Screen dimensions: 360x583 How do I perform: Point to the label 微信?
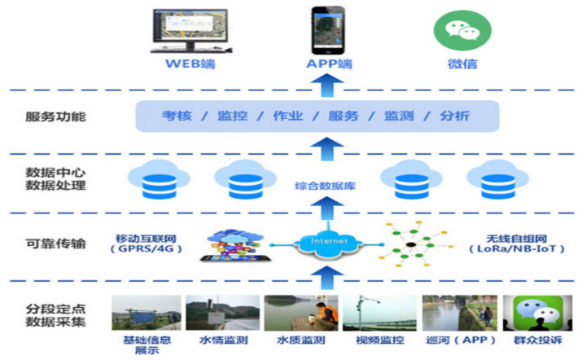click(462, 64)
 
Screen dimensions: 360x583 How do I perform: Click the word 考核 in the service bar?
click(177, 116)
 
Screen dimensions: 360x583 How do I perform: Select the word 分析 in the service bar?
click(455, 116)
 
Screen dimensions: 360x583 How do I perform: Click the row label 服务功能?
click(55, 116)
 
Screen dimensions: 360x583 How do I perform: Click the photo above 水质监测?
click(290, 313)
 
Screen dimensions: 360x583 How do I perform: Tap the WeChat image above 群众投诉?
click(533, 313)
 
